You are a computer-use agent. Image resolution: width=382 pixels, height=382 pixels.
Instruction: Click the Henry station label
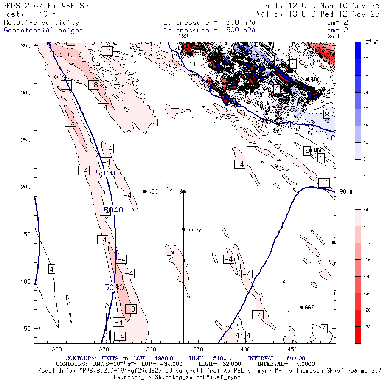[194, 230]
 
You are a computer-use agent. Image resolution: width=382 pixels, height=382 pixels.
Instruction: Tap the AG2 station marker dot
[301, 307]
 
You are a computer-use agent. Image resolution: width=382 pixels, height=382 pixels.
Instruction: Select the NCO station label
[153, 192]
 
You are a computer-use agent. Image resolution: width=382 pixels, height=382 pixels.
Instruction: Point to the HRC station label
[319, 151]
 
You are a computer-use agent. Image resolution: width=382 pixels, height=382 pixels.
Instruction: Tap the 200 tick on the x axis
[56, 349]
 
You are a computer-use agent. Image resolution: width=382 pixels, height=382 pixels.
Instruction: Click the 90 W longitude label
[346, 191]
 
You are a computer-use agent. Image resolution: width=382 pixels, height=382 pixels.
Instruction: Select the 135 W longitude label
[332, 37]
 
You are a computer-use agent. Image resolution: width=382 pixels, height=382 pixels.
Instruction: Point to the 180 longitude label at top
[183, 37]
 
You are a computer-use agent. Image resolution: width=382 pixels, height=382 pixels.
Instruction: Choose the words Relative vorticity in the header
[42, 22]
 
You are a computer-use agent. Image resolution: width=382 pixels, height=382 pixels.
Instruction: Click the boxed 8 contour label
[327, 115]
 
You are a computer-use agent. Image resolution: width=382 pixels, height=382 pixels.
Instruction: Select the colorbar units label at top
[368, 42]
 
